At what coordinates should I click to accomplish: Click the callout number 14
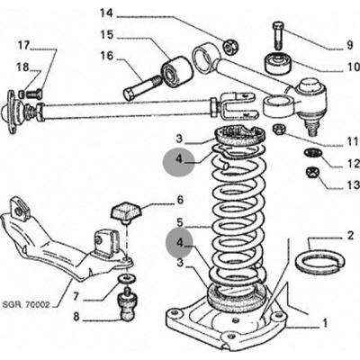[106, 13]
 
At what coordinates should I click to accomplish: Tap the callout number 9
[350, 45]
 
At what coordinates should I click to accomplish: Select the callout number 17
[23, 46]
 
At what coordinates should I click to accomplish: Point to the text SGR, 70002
[26, 305]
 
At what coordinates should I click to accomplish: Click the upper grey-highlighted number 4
[179, 159]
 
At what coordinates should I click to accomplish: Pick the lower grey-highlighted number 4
[179, 243]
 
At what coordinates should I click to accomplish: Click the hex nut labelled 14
[231, 46]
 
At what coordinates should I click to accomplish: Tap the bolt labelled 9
[278, 34]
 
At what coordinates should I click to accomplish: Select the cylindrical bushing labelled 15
[176, 71]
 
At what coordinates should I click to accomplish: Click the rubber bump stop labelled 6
[126, 212]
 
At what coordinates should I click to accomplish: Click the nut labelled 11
[279, 129]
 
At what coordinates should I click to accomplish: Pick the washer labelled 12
[312, 153]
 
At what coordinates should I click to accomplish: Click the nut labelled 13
[312, 173]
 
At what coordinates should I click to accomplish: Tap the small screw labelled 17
[33, 94]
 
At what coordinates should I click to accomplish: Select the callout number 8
[76, 317]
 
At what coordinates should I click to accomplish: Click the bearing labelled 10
[279, 63]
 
